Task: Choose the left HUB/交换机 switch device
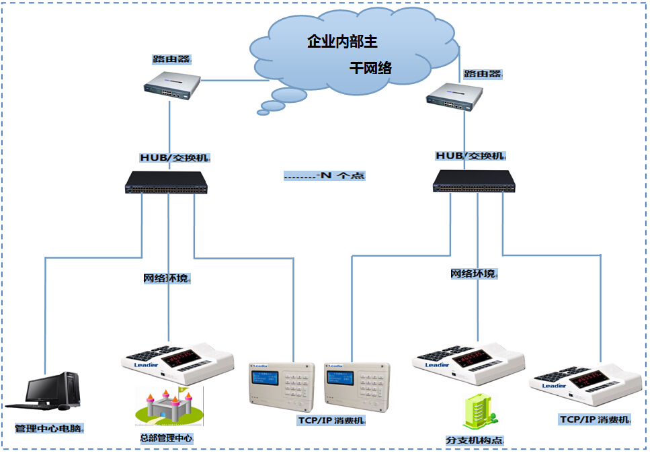[167, 182]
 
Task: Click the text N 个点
[325, 176]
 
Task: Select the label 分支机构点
[475, 441]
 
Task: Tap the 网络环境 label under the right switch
[474, 274]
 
